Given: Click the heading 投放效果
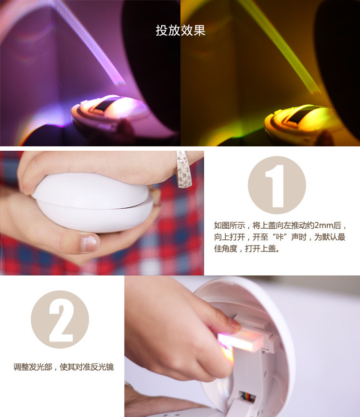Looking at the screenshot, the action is tap(180, 30).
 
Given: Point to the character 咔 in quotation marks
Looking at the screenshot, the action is tap(280, 237).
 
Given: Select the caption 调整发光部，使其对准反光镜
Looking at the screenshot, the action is tap(64, 367).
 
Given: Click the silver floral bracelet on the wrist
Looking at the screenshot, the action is tap(183, 169).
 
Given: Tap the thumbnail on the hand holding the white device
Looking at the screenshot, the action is tap(89, 243).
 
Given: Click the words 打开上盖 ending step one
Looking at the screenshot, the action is tap(260, 248).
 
